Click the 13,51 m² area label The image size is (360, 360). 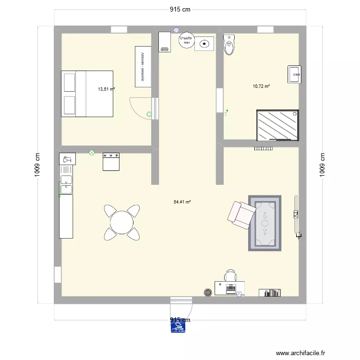[106, 89]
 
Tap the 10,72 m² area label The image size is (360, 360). [261, 86]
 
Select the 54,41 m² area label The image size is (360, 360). [182, 202]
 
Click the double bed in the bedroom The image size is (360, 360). [87, 94]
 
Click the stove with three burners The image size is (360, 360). [111, 162]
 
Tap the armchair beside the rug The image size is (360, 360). [240, 214]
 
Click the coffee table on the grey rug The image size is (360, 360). [264, 222]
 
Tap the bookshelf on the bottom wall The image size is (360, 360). [269, 292]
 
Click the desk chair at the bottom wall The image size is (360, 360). [231, 276]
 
